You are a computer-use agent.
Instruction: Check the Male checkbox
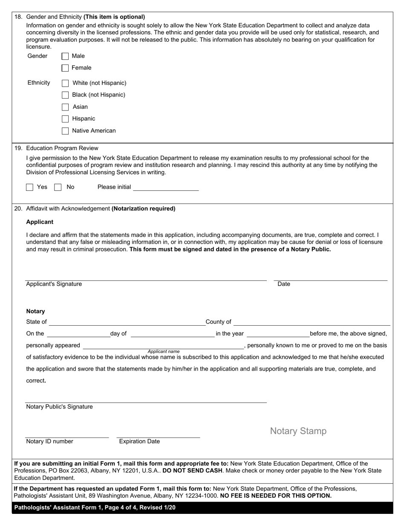click(x=65, y=56)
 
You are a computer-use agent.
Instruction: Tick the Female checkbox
click(x=65, y=68)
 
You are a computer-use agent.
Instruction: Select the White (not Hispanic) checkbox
click(x=65, y=83)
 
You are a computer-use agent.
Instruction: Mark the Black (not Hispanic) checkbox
click(x=65, y=95)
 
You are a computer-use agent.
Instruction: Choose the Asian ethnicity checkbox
click(x=65, y=107)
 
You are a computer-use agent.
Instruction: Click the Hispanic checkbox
click(x=65, y=119)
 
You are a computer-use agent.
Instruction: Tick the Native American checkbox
click(x=65, y=131)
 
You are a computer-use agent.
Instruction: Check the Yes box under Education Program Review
click(x=30, y=187)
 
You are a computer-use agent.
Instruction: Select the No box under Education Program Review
click(x=58, y=187)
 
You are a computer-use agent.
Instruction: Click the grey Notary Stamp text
click(x=298, y=431)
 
